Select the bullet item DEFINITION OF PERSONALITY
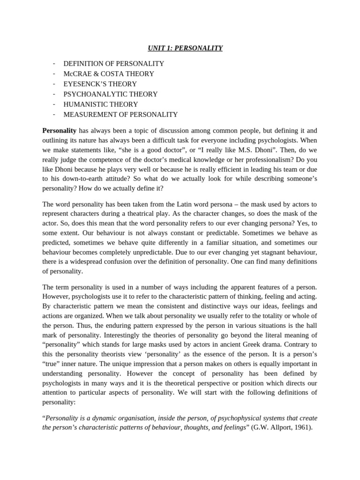pyautogui.click(x=113, y=63)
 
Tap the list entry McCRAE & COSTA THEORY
pyautogui.click(x=108, y=74)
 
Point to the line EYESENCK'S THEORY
pyautogui.click(x=100, y=84)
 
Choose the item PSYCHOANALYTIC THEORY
pyautogui.click(x=110, y=94)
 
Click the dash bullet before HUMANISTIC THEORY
pyautogui.click(x=54, y=104)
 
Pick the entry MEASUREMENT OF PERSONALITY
pyautogui.click(x=120, y=114)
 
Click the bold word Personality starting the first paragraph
pyautogui.click(x=60, y=130)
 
